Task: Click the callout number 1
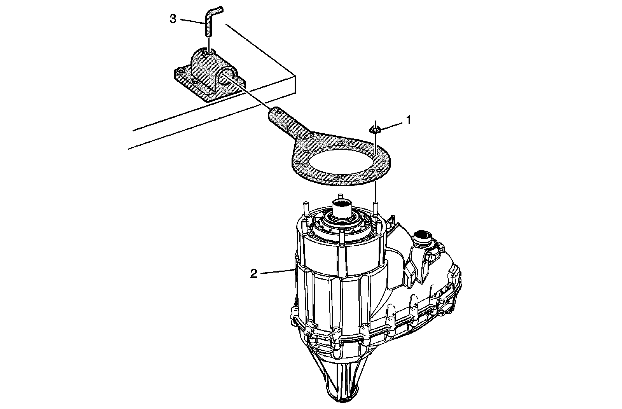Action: (x=409, y=120)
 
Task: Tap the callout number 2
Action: (x=254, y=273)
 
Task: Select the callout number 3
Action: (x=173, y=19)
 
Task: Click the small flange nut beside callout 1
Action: (x=375, y=129)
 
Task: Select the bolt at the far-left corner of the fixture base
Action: (x=181, y=70)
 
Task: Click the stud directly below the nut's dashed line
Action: (x=376, y=209)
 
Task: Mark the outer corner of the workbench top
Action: (x=295, y=75)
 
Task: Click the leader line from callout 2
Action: (x=277, y=271)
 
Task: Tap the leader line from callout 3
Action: (x=193, y=21)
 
